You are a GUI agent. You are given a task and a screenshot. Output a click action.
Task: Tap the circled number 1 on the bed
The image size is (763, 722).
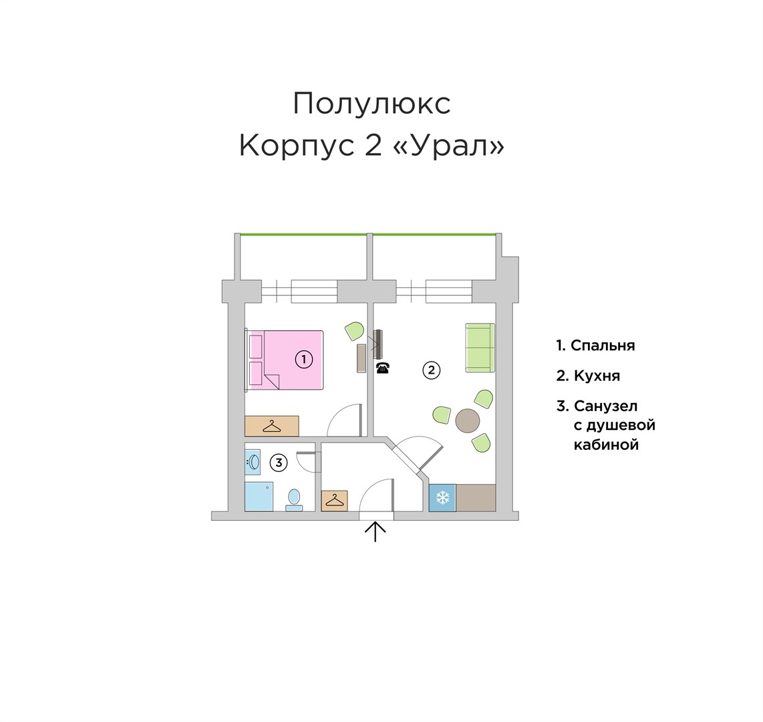tap(303, 360)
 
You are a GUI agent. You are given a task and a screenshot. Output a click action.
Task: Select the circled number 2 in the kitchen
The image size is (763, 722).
tap(432, 370)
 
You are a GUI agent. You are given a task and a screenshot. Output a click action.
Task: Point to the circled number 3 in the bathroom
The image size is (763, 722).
tap(279, 462)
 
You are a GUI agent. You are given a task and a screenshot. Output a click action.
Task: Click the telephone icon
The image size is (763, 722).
tap(382, 368)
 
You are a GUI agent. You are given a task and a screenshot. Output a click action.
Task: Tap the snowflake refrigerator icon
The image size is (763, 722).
tap(442, 498)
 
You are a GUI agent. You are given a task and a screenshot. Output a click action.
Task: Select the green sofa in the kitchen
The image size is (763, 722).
tap(480, 348)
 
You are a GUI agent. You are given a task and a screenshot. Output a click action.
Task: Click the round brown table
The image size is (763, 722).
tap(468, 421)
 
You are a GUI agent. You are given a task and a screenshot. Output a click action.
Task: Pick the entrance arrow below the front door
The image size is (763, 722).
tap(376, 531)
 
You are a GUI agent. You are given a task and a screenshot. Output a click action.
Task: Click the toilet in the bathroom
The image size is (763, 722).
tap(294, 499)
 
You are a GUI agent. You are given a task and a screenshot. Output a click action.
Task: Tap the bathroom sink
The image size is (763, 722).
tap(253, 461)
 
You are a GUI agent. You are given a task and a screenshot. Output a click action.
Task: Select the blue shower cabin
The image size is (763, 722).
tap(259, 496)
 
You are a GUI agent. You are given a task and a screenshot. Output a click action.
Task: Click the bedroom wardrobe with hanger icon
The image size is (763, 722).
tap(271, 426)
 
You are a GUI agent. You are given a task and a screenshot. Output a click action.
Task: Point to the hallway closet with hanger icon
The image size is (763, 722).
tap(334, 501)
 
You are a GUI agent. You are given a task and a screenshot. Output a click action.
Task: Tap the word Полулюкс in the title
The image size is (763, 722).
tap(371, 104)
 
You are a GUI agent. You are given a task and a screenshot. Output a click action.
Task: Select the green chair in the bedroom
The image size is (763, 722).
tap(354, 330)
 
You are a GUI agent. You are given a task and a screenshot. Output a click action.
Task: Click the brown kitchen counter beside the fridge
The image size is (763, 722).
tap(476, 498)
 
